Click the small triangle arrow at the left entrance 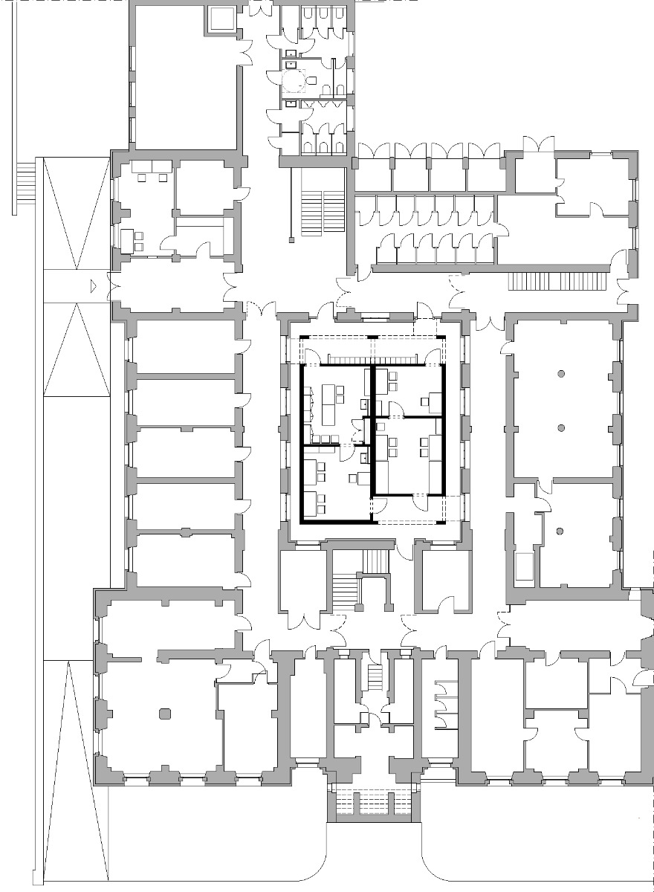coord(92,285)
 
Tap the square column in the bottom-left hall coord(164,714)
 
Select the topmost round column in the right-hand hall coord(562,372)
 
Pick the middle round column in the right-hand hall coord(562,427)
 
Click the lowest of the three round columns coord(557,531)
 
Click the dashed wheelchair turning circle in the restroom coord(294,79)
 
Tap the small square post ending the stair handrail coord(292,239)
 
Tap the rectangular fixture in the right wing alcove coord(524,566)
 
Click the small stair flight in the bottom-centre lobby coord(375,676)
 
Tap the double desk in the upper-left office coord(152,167)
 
